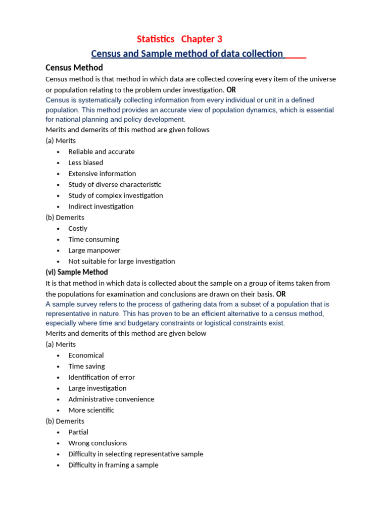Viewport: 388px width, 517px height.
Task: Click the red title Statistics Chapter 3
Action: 179,39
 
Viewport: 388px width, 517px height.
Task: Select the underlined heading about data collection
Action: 187,54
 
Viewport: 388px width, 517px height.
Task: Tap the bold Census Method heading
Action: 74,68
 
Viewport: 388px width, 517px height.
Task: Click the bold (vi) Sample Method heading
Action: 77,272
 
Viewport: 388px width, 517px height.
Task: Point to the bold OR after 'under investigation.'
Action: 231,90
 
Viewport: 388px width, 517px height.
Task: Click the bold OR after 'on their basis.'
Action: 281,294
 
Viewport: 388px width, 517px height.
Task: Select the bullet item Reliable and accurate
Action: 102,151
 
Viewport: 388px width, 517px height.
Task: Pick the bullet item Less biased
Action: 86,163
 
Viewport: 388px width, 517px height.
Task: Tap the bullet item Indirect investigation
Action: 101,206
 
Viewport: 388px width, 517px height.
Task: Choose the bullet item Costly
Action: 78,229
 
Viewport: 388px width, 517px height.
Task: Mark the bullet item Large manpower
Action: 94,250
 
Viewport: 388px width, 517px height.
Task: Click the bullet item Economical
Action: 86,355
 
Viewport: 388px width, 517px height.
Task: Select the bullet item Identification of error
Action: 102,377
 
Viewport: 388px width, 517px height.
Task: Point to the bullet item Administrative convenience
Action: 111,399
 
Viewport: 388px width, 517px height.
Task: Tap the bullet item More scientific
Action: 91,410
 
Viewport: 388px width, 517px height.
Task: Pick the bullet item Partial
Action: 78,432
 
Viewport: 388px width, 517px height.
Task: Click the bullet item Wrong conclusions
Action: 98,443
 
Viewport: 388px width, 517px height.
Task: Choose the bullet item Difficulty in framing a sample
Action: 113,465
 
